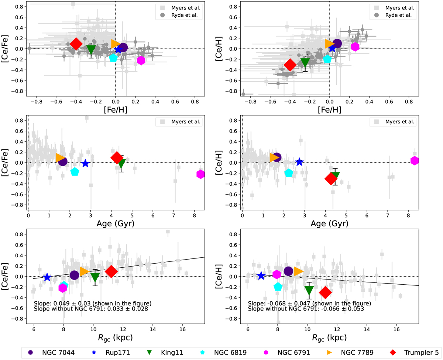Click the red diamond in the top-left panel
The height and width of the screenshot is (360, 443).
(x=76, y=44)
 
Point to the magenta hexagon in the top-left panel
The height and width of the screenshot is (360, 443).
(x=141, y=60)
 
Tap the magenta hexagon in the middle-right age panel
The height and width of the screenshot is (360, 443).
(x=415, y=161)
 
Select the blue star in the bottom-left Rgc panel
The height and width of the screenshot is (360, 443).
(x=47, y=278)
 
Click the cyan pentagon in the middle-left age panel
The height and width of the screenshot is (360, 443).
(x=75, y=172)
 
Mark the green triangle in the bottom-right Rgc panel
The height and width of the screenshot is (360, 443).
(x=309, y=290)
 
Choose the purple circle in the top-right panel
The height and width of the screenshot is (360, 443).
(x=337, y=44)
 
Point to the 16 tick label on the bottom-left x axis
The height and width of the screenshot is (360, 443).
(x=182, y=329)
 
